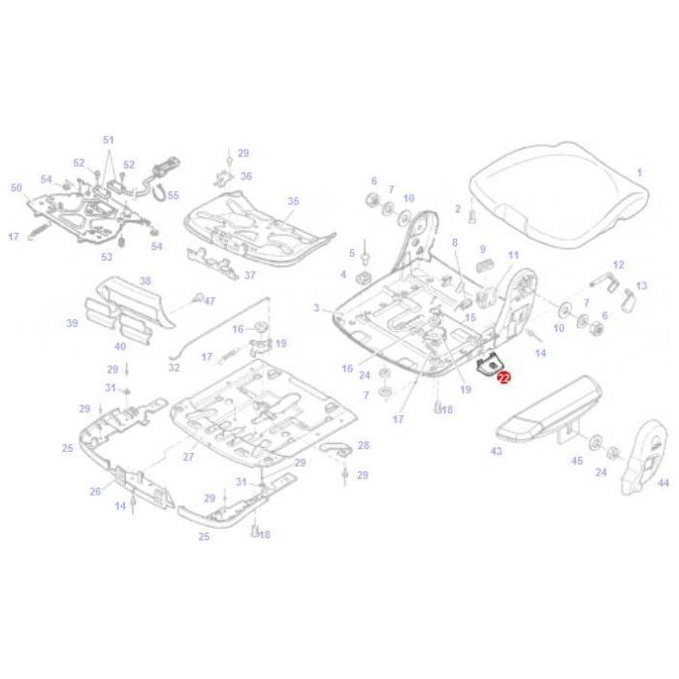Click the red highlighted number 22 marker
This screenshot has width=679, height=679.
(503, 377)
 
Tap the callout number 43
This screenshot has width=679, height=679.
(497, 452)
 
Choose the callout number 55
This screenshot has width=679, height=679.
(173, 195)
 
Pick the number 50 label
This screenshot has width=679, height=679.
(16, 187)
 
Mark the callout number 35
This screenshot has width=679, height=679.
(293, 201)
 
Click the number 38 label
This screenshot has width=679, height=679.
(145, 281)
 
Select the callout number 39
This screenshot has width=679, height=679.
(72, 323)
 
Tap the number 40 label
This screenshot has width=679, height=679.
(120, 345)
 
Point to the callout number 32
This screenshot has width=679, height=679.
(174, 368)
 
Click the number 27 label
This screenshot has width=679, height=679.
(189, 455)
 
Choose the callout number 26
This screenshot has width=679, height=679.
(95, 491)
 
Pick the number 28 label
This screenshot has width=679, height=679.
(364, 445)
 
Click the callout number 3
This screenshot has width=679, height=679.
(316, 307)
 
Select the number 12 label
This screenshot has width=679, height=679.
(618, 264)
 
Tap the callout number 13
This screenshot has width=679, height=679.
(641, 287)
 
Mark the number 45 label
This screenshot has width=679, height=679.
(577, 461)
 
